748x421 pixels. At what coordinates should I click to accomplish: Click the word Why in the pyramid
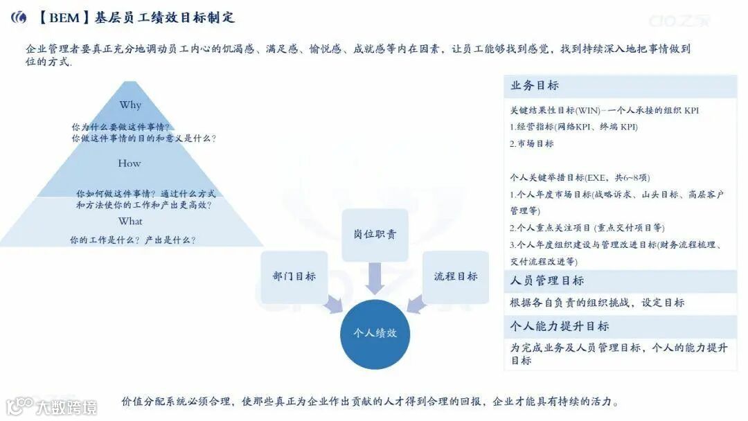pyautogui.click(x=130, y=105)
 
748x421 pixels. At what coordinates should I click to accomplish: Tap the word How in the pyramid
pyautogui.click(x=130, y=163)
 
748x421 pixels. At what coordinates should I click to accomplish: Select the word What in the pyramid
pyautogui.click(x=130, y=222)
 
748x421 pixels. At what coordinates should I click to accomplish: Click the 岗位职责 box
pyautogui.click(x=375, y=235)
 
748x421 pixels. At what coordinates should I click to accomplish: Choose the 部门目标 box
pyautogui.click(x=294, y=276)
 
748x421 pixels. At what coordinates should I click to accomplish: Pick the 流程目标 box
pyautogui.click(x=456, y=276)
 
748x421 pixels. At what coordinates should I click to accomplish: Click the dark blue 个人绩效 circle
pyautogui.click(x=375, y=333)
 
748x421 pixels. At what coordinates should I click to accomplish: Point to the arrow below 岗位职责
pyautogui.click(x=375, y=278)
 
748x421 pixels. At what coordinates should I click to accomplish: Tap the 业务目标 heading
pyautogui.click(x=535, y=86)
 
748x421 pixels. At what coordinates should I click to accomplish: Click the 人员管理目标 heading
pyautogui.click(x=547, y=280)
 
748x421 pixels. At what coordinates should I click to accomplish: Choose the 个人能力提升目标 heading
pyautogui.click(x=560, y=326)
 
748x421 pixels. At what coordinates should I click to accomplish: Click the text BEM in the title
pyautogui.click(x=64, y=17)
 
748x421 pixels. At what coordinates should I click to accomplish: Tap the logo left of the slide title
pyautogui.click(x=19, y=17)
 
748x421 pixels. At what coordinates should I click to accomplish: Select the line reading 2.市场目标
pyautogui.click(x=532, y=144)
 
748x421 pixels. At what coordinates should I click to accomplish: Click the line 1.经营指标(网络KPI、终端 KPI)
pyautogui.click(x=573, y=127)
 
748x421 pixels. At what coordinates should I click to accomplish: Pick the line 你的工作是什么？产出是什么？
pyautogui.click(x=133, y=240)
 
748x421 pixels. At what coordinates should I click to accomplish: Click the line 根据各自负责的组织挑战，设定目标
pyautogui.click(x=597, y=303)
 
